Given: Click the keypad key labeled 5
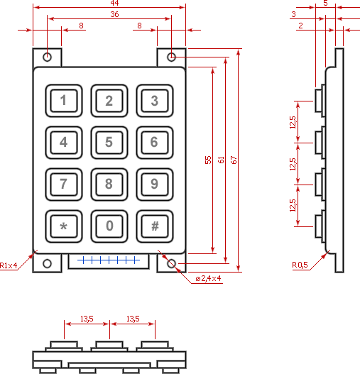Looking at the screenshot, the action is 109,143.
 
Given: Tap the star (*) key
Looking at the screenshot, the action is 64,226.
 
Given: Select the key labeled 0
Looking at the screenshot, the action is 109,226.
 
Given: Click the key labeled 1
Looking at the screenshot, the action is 64,101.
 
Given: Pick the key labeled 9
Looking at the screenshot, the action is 155,185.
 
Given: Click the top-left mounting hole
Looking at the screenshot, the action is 48,57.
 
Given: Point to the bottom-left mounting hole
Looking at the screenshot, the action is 48,263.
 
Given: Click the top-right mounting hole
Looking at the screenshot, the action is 171,57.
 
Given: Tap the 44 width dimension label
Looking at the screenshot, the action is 114,3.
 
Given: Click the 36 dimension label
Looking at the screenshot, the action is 114,14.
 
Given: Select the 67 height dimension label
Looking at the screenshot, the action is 234,160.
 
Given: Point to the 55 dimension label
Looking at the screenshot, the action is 208,160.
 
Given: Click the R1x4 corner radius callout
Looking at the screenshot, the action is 9,265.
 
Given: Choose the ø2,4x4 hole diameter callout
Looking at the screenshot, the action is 208,278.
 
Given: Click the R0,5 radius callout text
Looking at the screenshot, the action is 300,265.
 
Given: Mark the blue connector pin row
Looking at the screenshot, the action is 109,260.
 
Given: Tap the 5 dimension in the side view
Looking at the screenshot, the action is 325,3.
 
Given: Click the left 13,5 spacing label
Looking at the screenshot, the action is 87,319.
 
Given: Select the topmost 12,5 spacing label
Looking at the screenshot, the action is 293,122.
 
